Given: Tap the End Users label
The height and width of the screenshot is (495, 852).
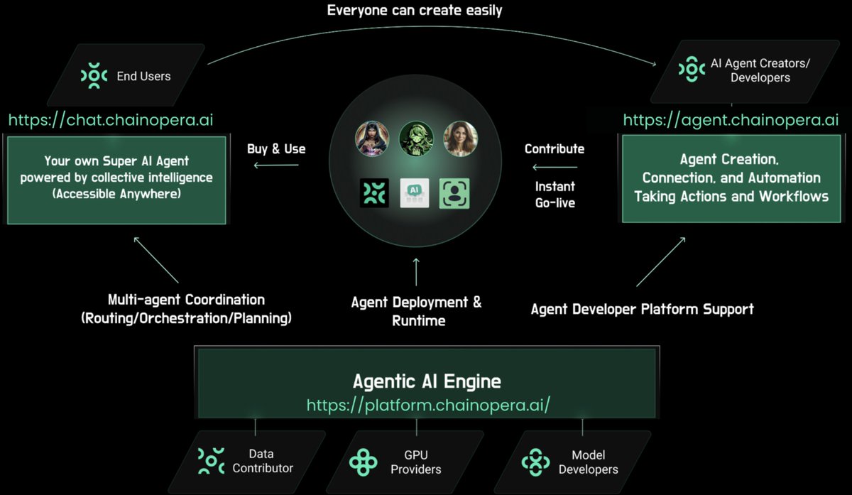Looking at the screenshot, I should (143, 76).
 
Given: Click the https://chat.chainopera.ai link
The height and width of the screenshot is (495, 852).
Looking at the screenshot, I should (111, 119).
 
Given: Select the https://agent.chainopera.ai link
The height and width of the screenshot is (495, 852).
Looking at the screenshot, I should (731, 119).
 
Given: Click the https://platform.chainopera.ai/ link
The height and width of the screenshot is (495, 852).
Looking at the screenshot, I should (428, 405).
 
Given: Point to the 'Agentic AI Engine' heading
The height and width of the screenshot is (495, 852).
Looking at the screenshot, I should (427, 381).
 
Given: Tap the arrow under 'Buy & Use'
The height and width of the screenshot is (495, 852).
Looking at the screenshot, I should (276, 166).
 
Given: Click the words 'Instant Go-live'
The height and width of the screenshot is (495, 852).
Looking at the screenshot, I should (555, 195).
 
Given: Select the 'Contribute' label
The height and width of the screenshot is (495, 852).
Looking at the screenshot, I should (555, 149).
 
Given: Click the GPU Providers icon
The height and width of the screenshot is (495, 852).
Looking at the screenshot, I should (364, 462).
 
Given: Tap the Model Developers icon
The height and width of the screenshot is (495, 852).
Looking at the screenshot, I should (535, 462).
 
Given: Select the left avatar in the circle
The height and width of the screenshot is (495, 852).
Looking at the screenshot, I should (372, 139).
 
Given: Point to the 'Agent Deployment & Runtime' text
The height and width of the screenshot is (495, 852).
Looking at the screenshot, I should (417, 311).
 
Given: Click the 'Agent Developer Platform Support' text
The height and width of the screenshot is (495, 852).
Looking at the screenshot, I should (642, 309).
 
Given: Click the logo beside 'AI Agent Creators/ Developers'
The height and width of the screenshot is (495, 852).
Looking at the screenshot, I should (692, 69).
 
